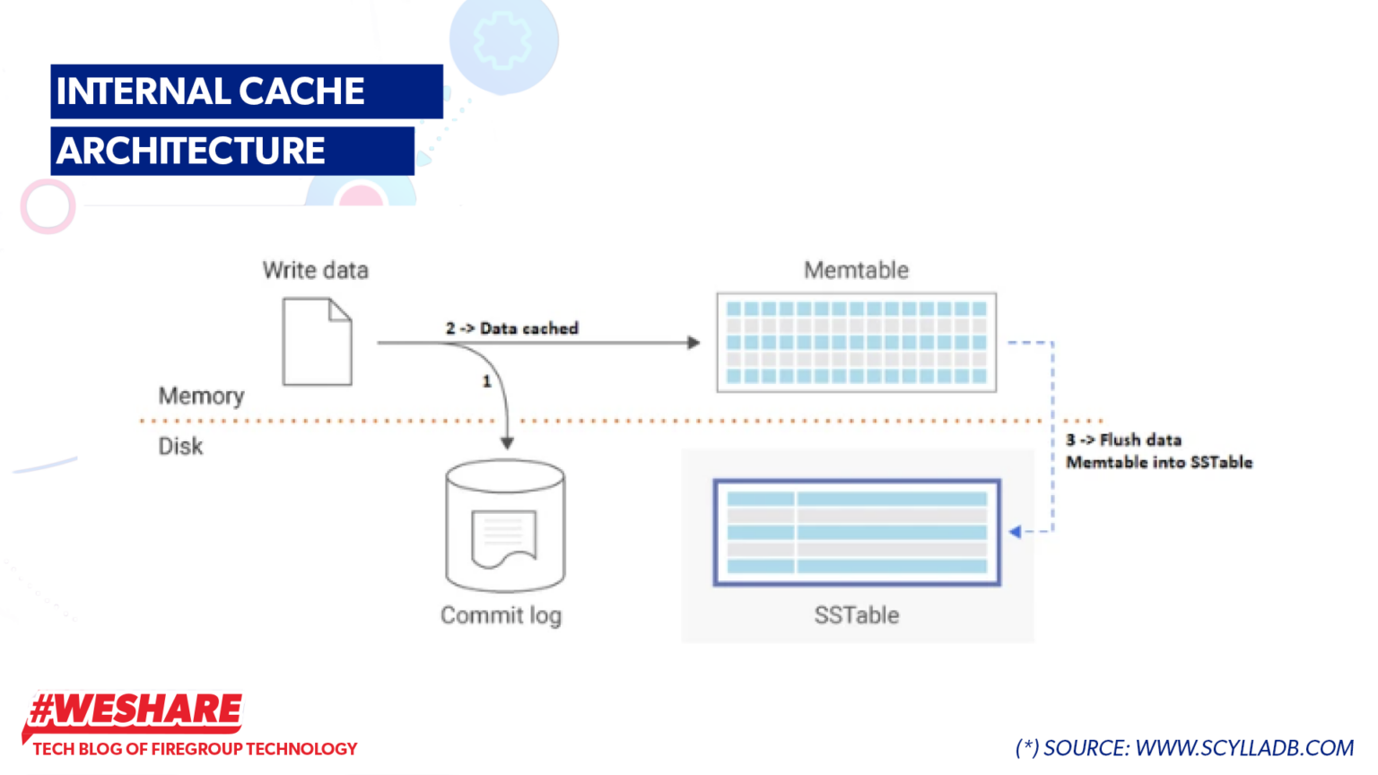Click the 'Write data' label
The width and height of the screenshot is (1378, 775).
[x=315, y=270]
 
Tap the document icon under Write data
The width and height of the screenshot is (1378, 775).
[x=317, y=342]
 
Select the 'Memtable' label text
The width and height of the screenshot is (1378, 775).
[x=856, y=270]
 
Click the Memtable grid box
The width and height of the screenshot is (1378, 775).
[x=856, y=342]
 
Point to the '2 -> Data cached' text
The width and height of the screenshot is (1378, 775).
[x=511, y=328]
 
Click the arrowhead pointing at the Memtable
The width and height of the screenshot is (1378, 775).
[x=693, y=343]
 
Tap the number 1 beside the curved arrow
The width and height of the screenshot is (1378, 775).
[x=486, y=381]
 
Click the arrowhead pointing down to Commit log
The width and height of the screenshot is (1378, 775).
[x=507, y=443]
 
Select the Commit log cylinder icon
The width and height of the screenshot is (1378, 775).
[x=505, y=527]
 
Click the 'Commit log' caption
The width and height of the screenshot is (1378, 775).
[x=501, y=615]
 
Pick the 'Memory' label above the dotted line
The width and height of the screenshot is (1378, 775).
[x=201, y=396]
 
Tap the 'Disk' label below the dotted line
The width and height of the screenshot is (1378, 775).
[x=180, y=446]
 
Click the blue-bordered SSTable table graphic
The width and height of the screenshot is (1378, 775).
[x=857, y=532]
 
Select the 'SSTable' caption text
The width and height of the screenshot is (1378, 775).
[x=856, y=615]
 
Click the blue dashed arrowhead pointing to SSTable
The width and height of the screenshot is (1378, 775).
[x=1015, y=532]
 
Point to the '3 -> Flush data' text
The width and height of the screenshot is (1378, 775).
[x=1123, y=440]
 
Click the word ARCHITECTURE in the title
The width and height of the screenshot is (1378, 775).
[x=191, y=151]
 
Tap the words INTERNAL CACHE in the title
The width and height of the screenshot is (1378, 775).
[x=211, y=91]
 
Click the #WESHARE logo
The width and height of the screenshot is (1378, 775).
[x=135, y=710]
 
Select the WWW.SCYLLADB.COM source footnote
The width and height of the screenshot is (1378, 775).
[x=1243, y=748]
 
